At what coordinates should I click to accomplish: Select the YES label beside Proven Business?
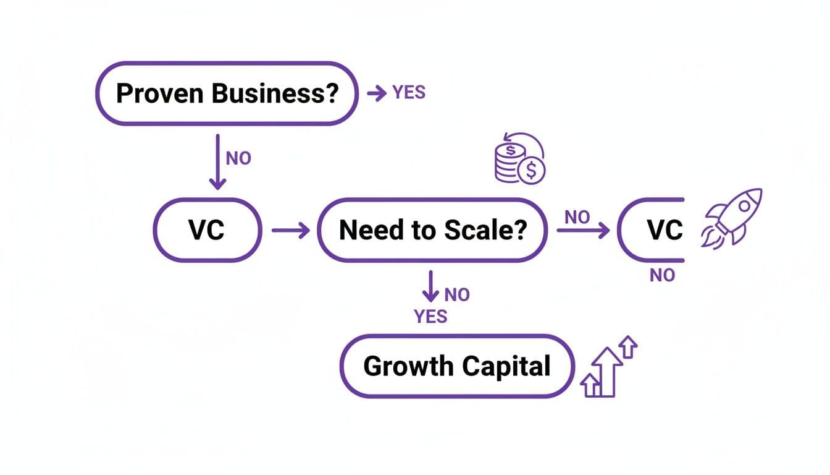(409, 93)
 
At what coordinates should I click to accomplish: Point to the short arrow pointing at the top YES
(376, 93)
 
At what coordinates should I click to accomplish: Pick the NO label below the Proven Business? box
(238, 158)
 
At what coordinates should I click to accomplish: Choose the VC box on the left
(207, 231)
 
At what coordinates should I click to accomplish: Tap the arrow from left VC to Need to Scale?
(290, 231)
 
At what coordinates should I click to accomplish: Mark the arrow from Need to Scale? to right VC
(582, 231)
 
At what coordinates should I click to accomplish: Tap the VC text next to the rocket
(665, 231)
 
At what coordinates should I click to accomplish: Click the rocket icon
(732, 217)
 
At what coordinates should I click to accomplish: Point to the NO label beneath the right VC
(663, 276)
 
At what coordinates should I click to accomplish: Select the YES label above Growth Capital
(430, 317)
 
